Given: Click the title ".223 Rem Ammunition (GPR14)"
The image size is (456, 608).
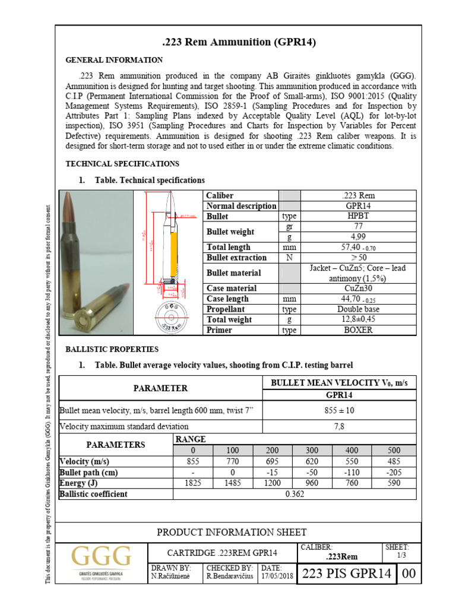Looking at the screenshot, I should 238,42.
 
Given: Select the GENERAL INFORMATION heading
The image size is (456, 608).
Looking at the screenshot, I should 113,60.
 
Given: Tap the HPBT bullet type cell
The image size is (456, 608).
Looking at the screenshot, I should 359,217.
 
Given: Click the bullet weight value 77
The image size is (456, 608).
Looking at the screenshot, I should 359,227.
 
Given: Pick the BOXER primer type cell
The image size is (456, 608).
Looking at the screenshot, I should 359,330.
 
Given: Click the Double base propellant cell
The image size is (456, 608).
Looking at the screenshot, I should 359,309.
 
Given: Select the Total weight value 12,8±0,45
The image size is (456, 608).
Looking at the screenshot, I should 359,319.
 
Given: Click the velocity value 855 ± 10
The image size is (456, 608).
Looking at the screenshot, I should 341,410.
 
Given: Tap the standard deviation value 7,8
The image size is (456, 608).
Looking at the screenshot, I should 341,426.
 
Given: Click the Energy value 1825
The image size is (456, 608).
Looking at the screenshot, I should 192,483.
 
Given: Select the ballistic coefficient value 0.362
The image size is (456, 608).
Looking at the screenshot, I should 297,493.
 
